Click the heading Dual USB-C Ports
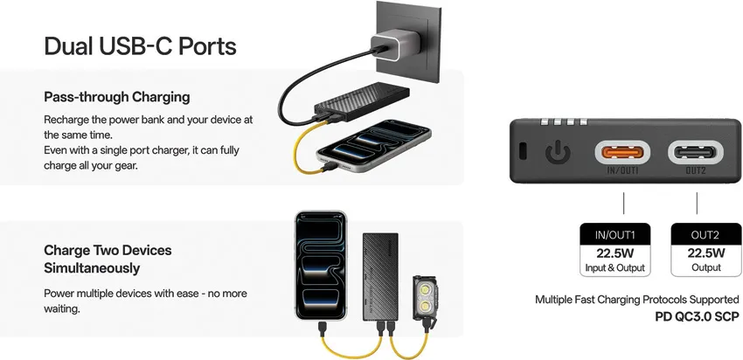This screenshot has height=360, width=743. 140,45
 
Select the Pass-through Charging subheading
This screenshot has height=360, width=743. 116,96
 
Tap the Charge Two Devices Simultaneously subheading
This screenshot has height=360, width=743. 108,259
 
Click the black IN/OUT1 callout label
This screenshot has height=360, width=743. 622,234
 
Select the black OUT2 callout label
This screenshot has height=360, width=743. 697,234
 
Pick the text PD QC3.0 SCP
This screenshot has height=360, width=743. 697,316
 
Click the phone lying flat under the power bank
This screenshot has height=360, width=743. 376,149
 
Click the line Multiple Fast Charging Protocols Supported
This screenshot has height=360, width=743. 636,300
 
